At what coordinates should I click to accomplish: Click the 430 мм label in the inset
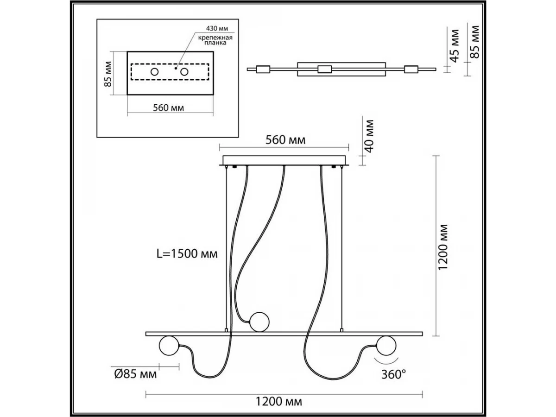tap(217, 28)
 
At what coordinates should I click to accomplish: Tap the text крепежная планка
tap(215, 40)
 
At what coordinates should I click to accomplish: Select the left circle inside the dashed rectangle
tap(154, 72)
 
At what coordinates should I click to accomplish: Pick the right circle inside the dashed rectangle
tap(184, 72)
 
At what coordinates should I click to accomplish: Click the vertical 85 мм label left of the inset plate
tap(108, 74)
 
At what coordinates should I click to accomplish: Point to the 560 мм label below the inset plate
tap(169, 108)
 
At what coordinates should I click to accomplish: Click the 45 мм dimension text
tap(455, 46)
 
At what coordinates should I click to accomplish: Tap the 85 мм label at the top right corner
tap(475, 42)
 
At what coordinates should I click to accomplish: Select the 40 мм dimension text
tap(370, 136)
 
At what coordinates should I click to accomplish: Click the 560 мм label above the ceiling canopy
tap(285, 140)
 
